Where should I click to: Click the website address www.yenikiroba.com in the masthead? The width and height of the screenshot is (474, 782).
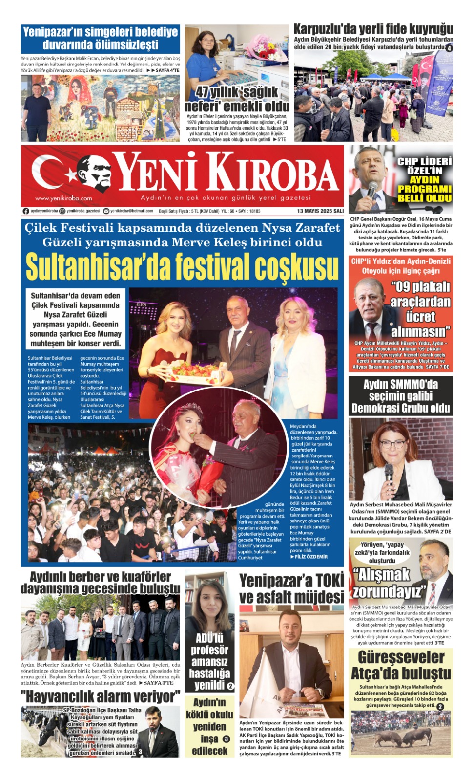63,198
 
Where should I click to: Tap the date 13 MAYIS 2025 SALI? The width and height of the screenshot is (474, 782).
320,211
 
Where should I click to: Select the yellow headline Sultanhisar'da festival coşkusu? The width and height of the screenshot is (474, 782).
182,267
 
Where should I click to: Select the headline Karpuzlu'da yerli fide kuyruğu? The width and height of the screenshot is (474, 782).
373,29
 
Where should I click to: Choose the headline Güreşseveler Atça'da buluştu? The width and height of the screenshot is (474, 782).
401,665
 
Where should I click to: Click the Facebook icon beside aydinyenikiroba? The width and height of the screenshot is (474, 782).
26,211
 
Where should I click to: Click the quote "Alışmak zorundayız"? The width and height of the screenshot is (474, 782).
389,583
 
